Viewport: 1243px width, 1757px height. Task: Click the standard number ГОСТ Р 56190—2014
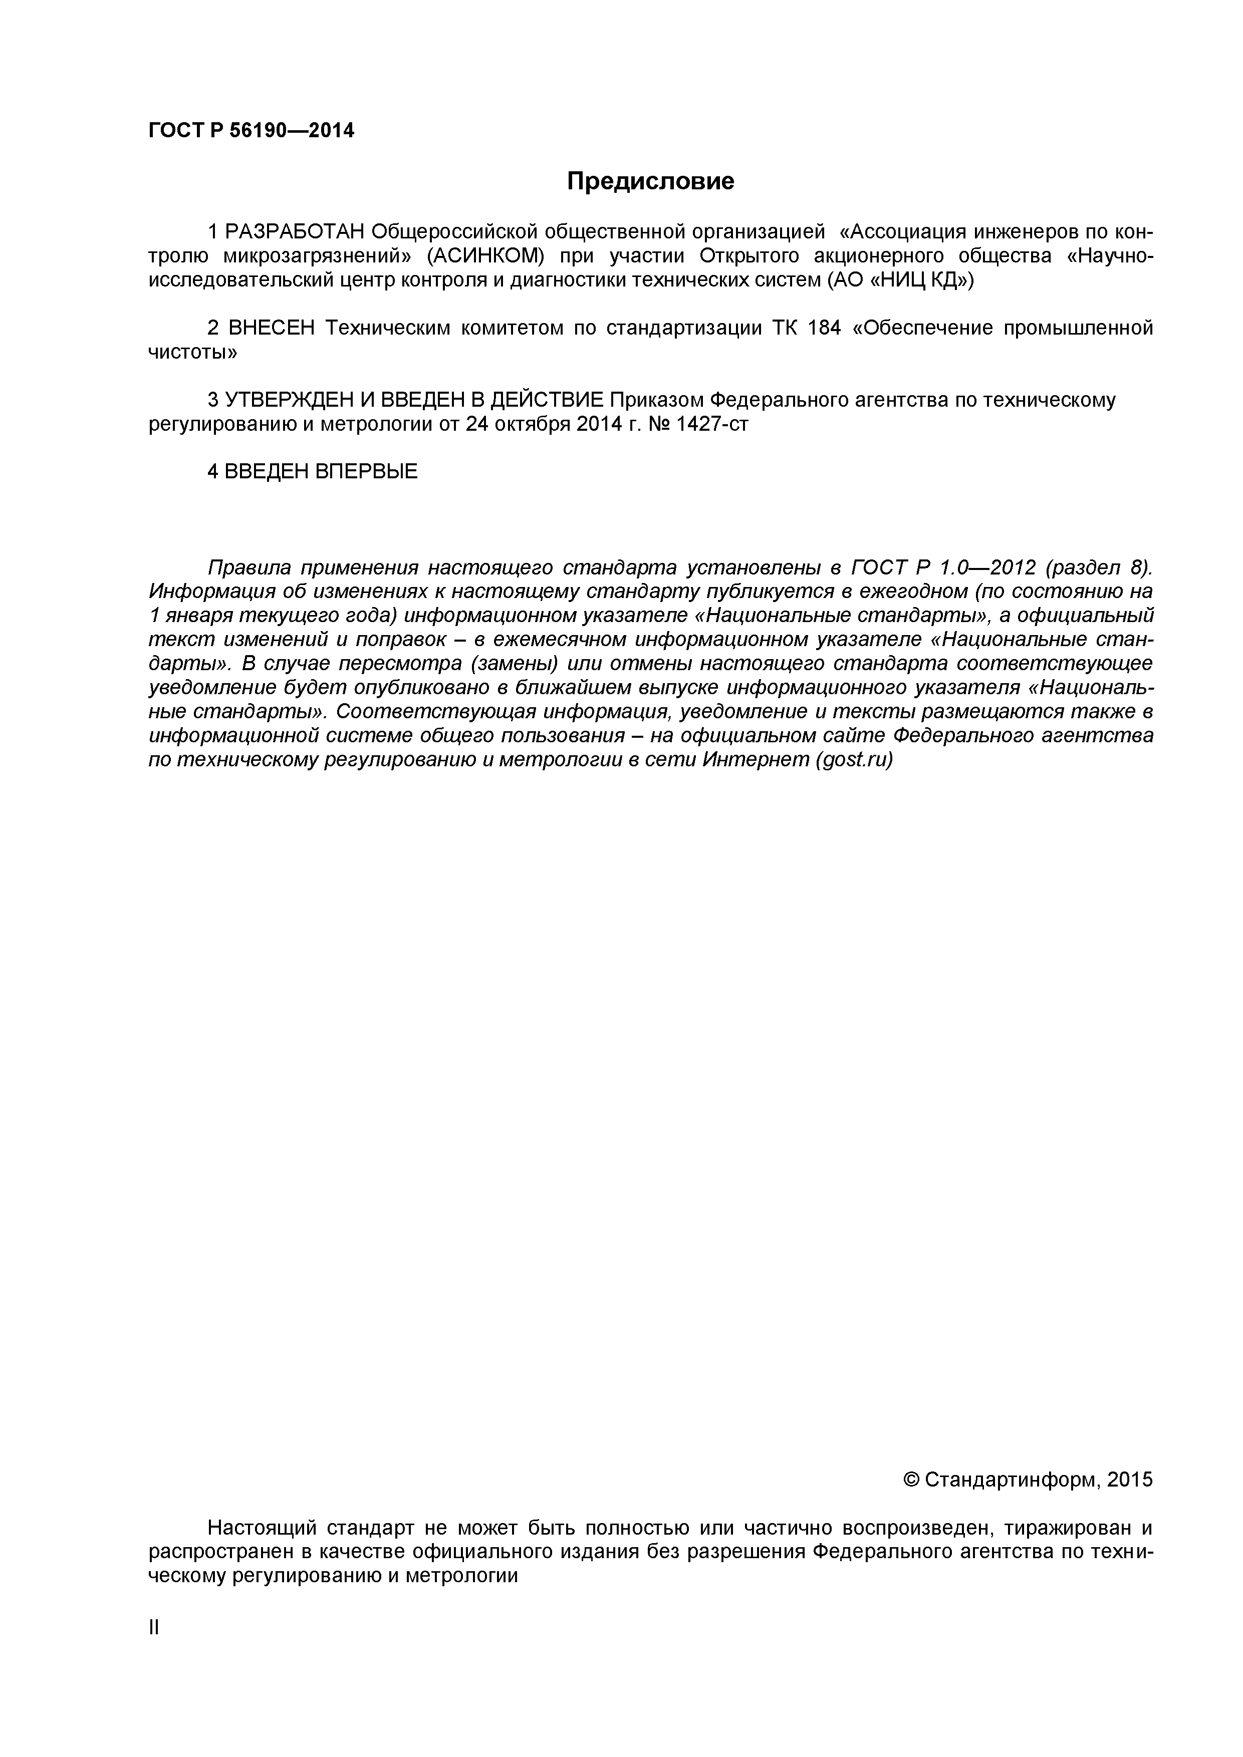click(x=251, y=131)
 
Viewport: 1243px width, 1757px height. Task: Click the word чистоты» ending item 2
click(x=192, y=353)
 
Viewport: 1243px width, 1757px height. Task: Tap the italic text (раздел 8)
click(x=1098, y=568)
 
